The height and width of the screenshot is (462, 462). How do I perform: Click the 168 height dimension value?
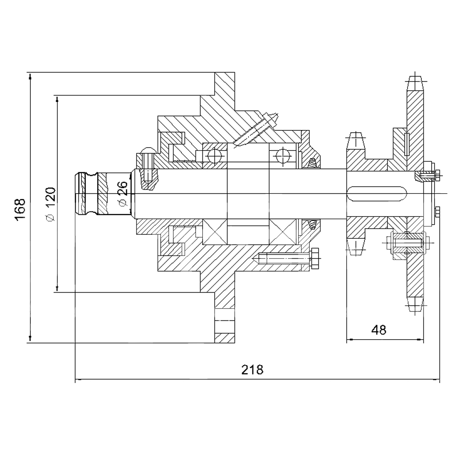click(x=21, y=210)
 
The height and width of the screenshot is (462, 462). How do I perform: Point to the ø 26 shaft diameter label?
click(x=122, y=192)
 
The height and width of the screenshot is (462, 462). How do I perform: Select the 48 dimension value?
click(x=379, y=330)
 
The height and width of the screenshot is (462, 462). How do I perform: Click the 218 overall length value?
click(x=252, y=370)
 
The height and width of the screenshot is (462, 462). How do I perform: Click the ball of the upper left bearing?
click(x=214, y=156)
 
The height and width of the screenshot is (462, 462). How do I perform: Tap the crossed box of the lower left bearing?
click(x=215, y=231)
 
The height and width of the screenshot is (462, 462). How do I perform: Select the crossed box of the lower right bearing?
click(x=283, y=231)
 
